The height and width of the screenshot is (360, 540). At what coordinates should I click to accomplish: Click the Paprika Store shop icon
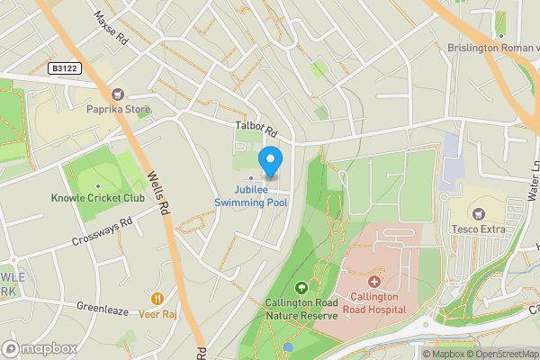click(x=117, y=94)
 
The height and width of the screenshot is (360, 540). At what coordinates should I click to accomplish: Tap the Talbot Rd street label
click(x=254, y=130)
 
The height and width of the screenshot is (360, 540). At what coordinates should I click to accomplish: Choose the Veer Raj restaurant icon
click(x=157, y=298)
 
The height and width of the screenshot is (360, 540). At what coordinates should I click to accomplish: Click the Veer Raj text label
click(x=157, y=314)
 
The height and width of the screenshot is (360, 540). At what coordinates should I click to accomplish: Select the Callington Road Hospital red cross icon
click(x=373, y=282)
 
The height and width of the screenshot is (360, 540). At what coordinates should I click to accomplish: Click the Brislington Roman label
click(x=493, y=48)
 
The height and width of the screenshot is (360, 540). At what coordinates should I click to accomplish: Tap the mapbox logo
click(x=40, y=348)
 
